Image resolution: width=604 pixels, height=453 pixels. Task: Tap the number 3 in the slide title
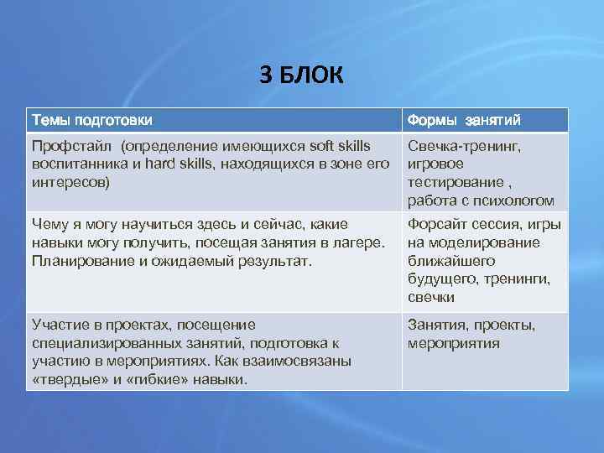(x=266, y=75)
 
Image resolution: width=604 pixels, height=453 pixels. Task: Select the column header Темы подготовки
(x=91, y=120)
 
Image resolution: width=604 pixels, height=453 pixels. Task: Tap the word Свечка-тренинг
(x=464, y=146)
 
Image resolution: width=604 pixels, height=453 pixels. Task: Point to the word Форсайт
(x=436, y=224)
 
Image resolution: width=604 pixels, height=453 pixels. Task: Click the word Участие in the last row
(x=55, y=325)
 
